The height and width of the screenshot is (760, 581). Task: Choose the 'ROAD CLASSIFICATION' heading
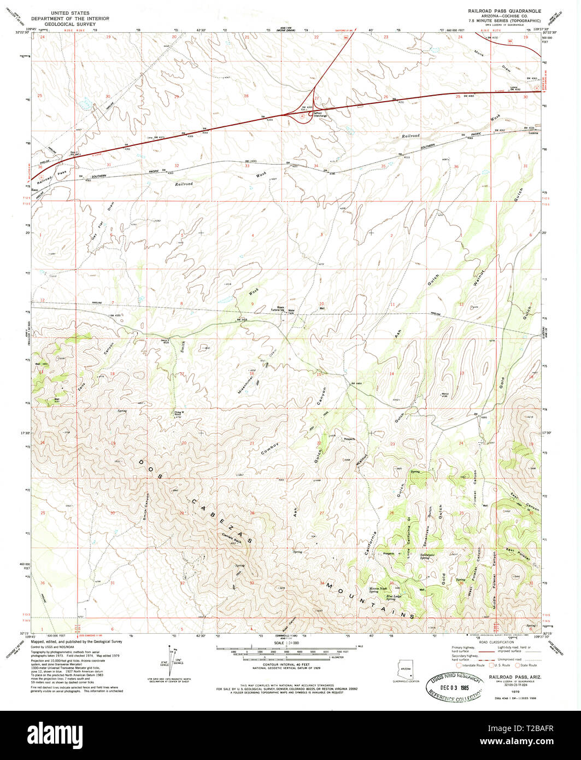coord(495,643)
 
